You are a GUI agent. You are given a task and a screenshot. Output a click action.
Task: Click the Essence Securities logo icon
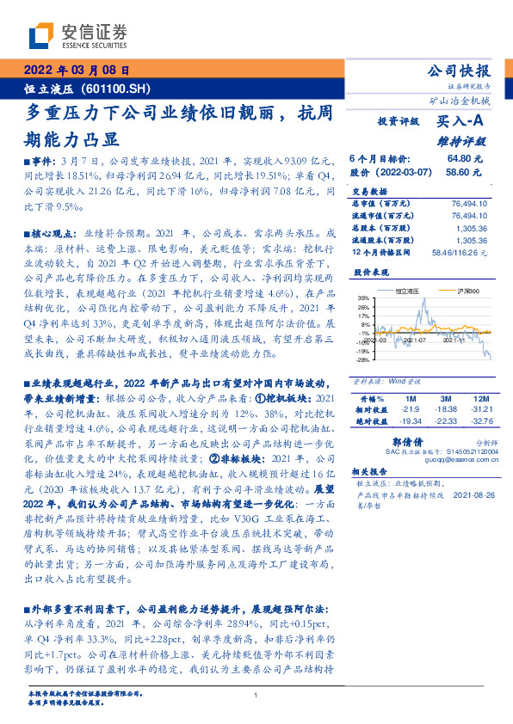[x=42, y=37]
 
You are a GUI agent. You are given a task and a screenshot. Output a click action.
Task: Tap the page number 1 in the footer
[x=256, y=695]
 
